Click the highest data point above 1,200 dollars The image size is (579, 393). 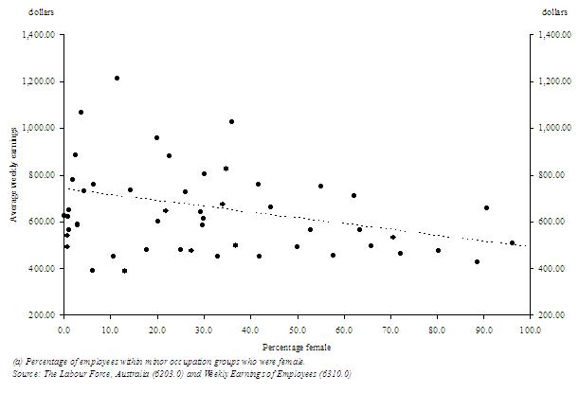[x=117, y=78]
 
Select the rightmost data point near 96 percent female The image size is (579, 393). [x=512, y=242]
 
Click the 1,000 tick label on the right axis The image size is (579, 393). [x=552, y=128]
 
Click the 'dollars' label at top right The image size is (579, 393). [x=554, y=11]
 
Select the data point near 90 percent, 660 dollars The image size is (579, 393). [x=486, y=207]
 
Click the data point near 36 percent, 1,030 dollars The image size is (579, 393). [x=231, y=121]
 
